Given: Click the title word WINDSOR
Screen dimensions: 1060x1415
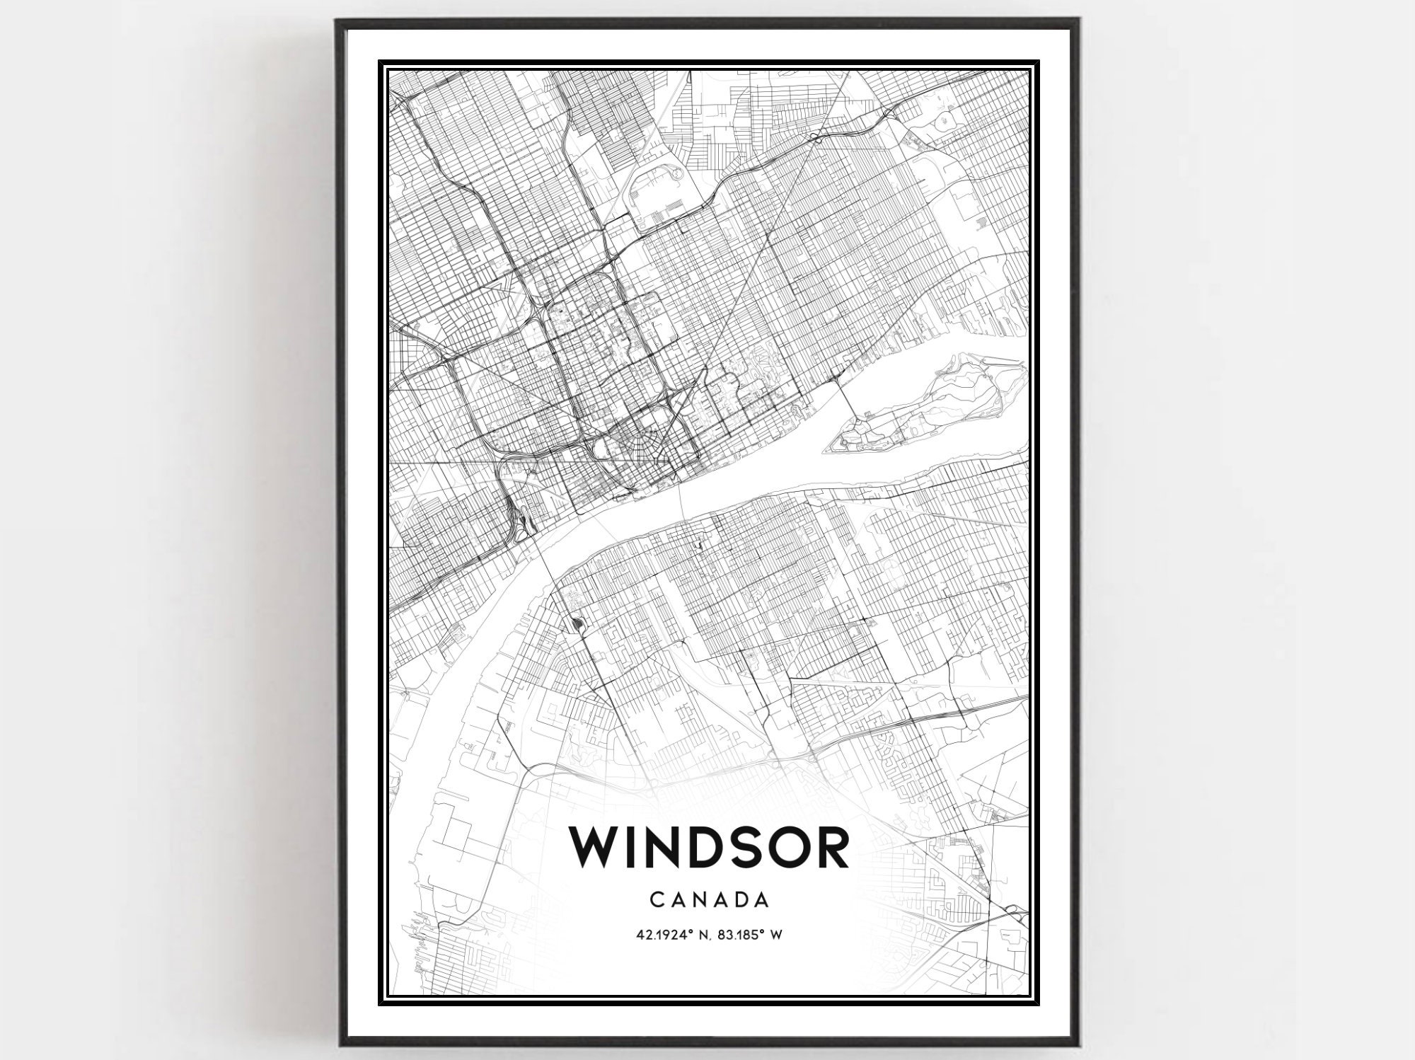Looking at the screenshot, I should (709, 848).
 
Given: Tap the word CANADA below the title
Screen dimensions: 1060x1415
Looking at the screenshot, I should (709, 900).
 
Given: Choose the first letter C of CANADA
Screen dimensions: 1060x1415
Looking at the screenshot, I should (654, 900).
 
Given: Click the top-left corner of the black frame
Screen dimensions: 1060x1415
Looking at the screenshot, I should (339, 21).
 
